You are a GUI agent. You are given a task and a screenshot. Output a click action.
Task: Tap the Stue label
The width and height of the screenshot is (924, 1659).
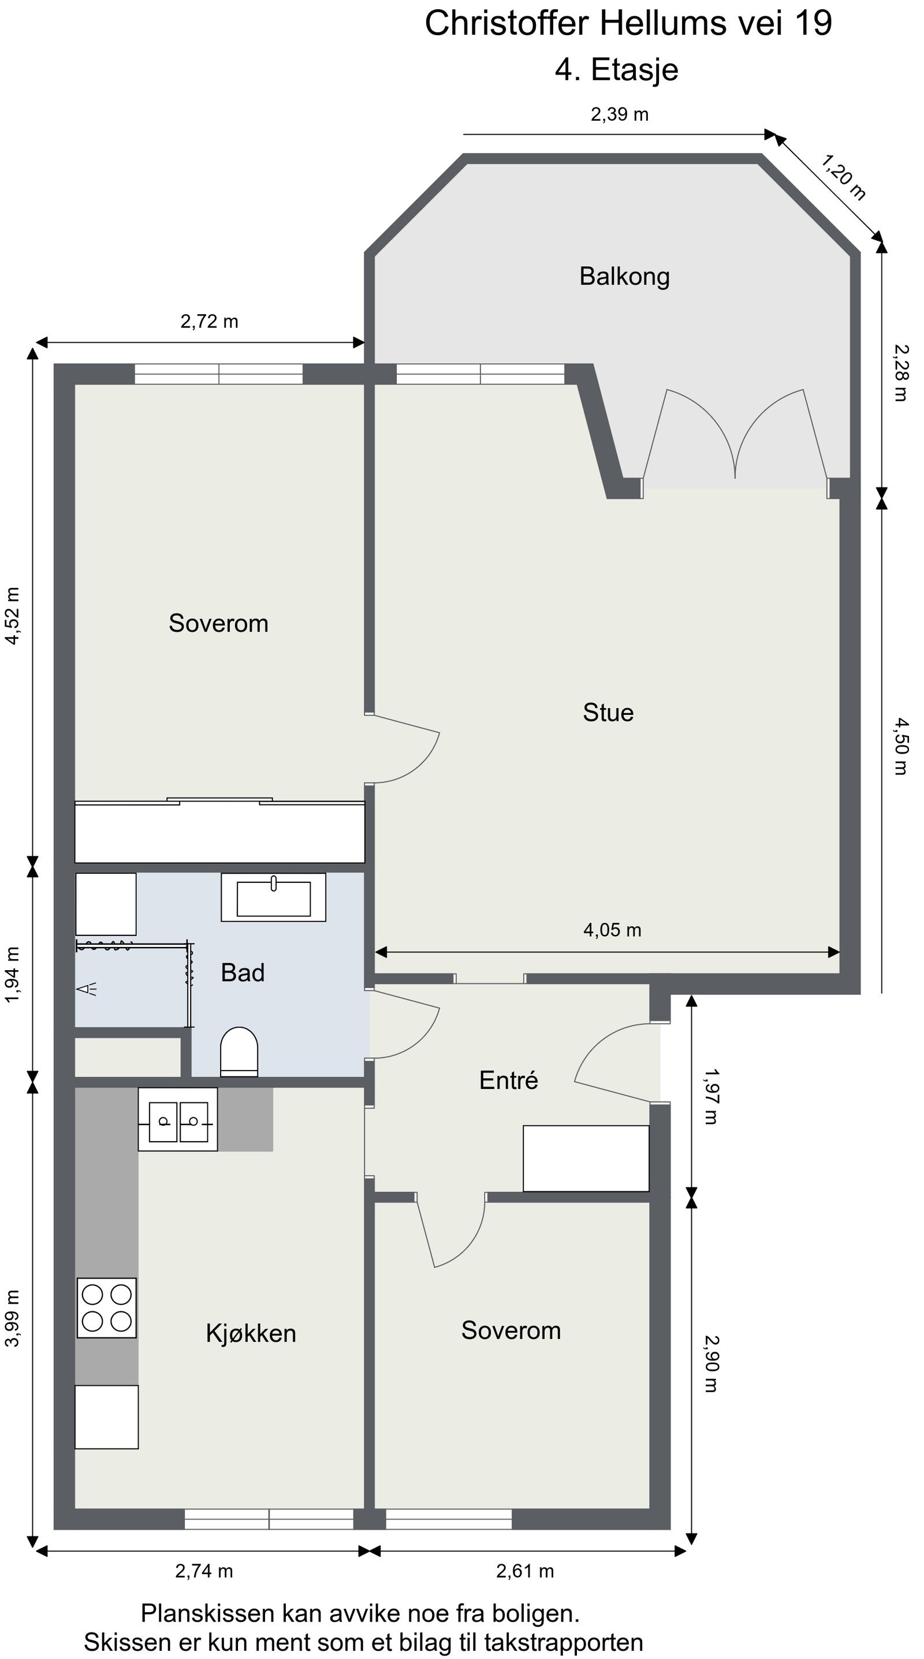(x=608, y=713)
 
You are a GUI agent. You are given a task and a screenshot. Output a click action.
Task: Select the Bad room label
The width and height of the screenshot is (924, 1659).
(x=243, y=972)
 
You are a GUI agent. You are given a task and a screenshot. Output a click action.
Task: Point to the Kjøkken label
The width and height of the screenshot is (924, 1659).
(x=251, y=1333)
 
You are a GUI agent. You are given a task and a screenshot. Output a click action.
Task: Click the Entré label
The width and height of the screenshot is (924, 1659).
(x=509, y=1079)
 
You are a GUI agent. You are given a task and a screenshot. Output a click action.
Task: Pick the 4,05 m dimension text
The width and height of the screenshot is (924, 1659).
(x=612, y=930)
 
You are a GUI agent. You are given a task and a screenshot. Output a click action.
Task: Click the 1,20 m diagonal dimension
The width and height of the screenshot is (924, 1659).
(x=842, y=177)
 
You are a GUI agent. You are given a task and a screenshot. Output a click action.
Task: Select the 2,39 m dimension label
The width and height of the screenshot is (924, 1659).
(x=620, y=115)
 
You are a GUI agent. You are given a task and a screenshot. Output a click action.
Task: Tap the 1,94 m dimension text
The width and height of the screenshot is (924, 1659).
(x=13, y=974)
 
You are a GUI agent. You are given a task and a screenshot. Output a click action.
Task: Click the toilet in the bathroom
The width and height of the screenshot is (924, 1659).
(x=239, y=1052)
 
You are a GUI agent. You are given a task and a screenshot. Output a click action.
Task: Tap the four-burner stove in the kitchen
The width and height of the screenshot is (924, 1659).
(x=107, y=1308)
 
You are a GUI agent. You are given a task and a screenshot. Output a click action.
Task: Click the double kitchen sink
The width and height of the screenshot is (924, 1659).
(x=178, y=1119)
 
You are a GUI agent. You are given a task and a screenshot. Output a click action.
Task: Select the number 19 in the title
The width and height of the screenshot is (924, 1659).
(x=813, y=23)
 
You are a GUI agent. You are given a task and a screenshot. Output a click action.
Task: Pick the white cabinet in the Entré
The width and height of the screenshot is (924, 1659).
(x=586, y=1158)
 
